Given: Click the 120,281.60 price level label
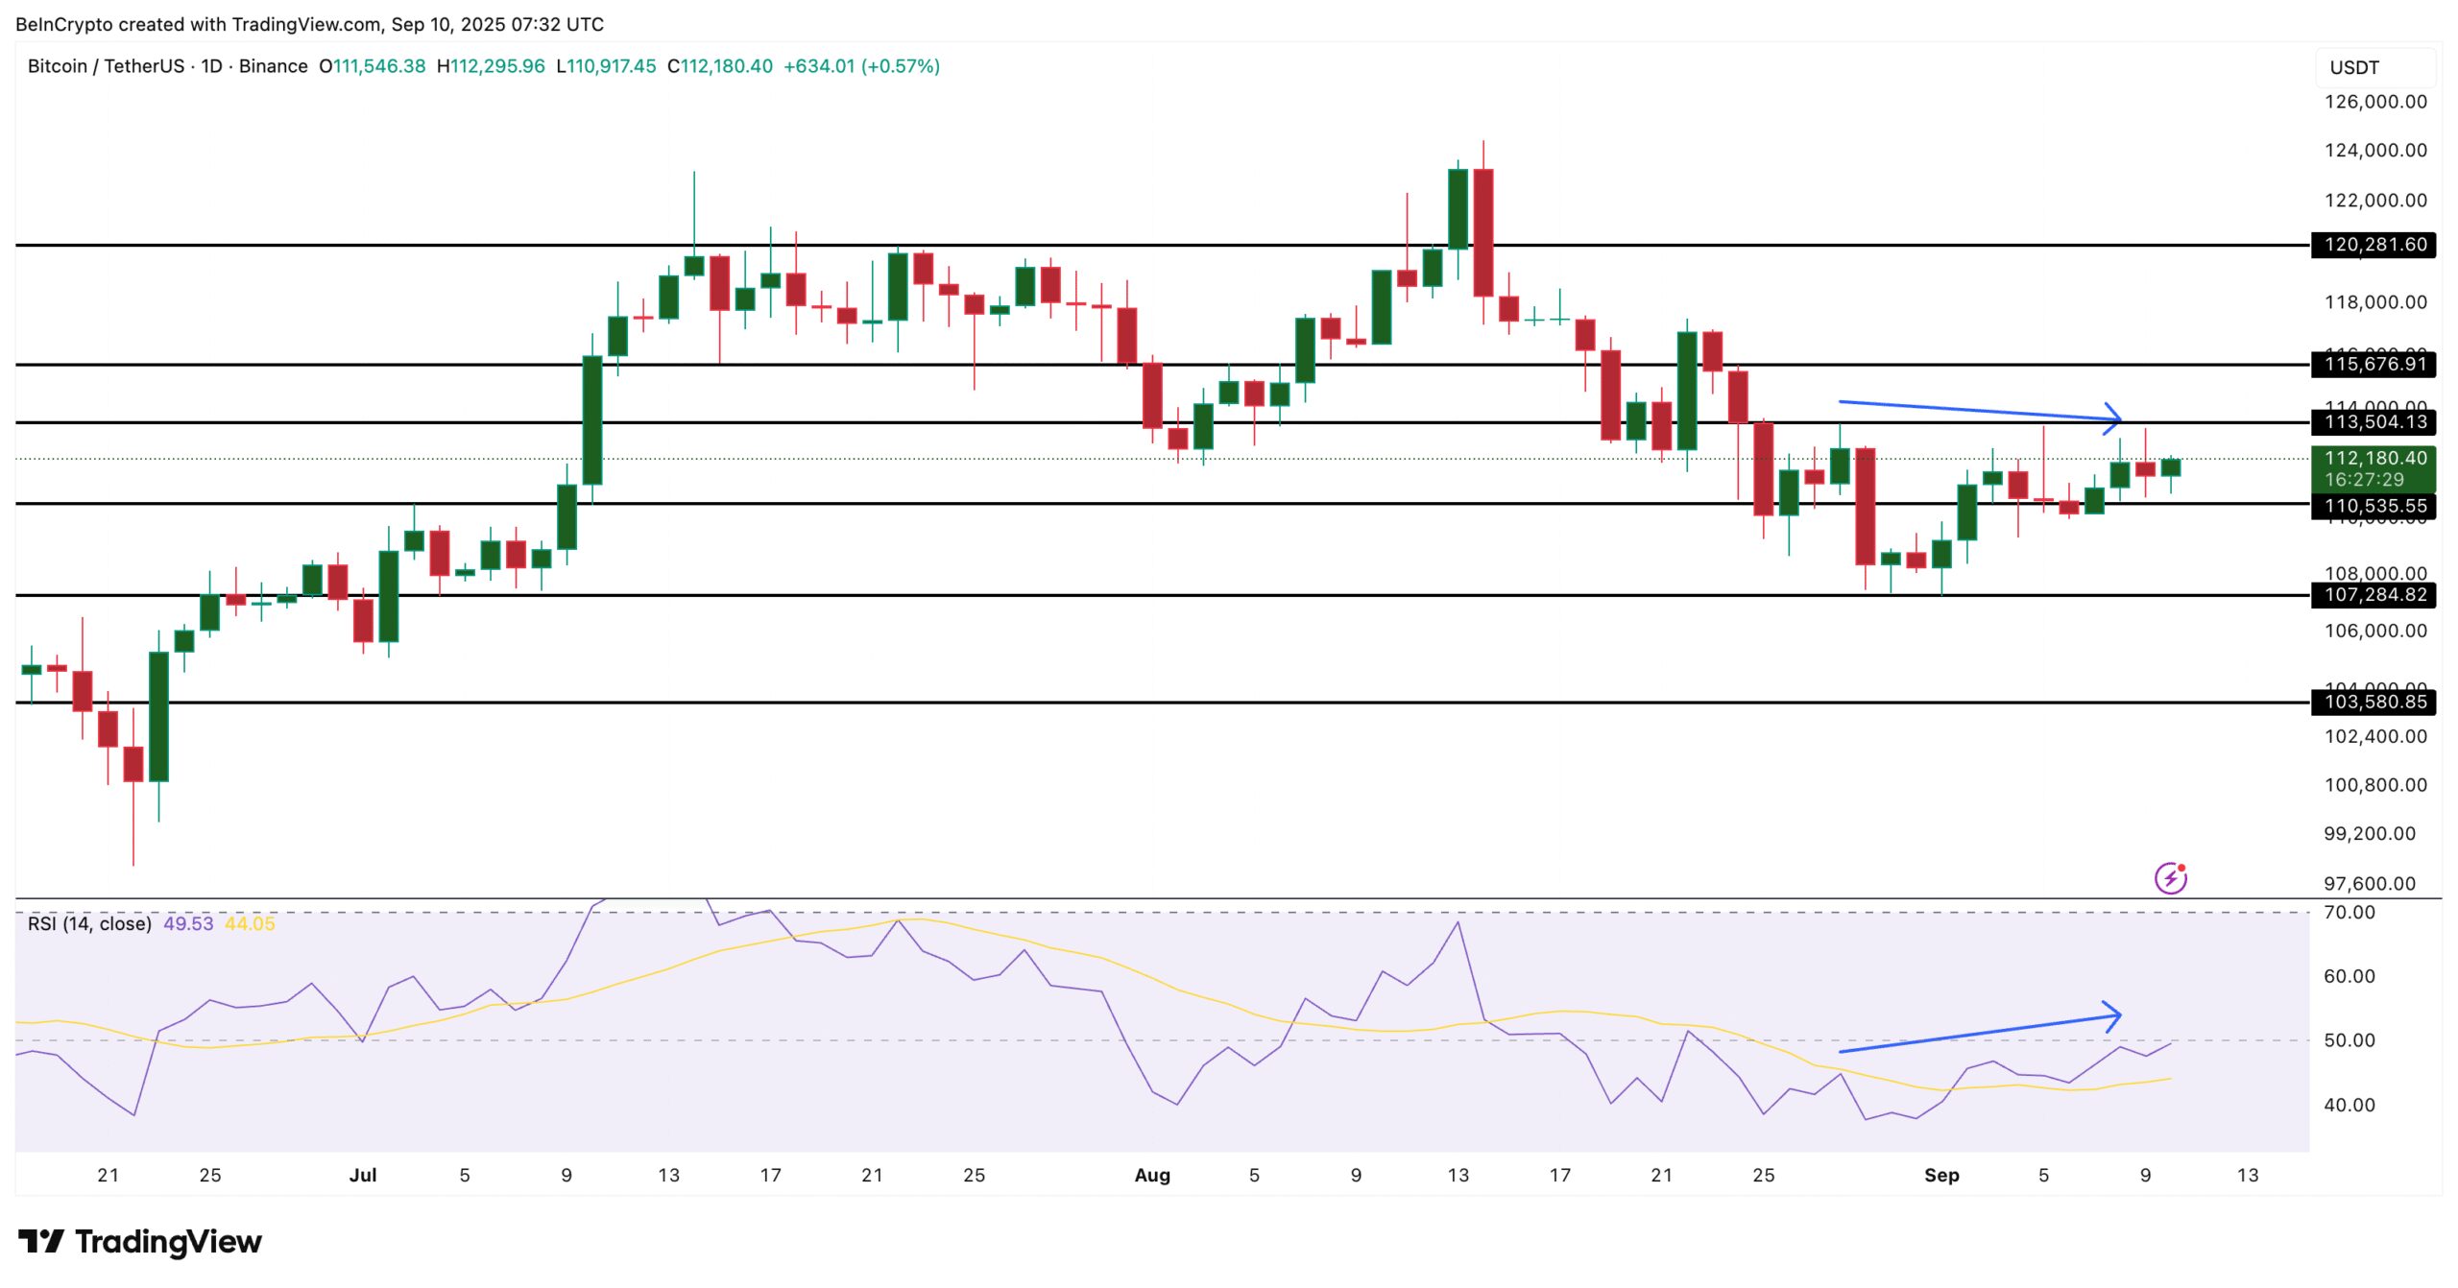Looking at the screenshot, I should point(2374,245).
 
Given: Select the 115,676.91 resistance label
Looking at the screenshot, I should point(2374,364).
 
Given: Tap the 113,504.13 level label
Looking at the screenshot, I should point(2374,422).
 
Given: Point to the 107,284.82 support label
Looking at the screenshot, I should point(2374,595).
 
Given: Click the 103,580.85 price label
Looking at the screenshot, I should point(2374,703).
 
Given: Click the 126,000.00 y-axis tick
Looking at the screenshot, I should point(2374,102).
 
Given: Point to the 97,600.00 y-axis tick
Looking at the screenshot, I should point(2369,884).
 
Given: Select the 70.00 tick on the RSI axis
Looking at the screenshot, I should point(2349,913).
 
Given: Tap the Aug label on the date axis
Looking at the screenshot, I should point(1152,1176).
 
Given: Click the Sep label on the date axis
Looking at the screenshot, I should point(1940,1176).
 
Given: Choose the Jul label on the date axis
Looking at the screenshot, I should point(363,1176).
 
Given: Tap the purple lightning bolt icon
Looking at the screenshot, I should point(2170,878).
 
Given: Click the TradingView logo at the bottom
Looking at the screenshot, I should point(140,1242).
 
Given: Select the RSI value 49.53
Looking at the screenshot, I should point(188,924).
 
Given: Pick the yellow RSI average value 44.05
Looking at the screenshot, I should point(250,924).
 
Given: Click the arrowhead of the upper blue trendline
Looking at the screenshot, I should point(2116,418).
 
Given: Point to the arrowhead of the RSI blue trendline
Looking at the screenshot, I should point(2115,1015).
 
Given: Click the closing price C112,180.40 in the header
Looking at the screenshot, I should point(720,66).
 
